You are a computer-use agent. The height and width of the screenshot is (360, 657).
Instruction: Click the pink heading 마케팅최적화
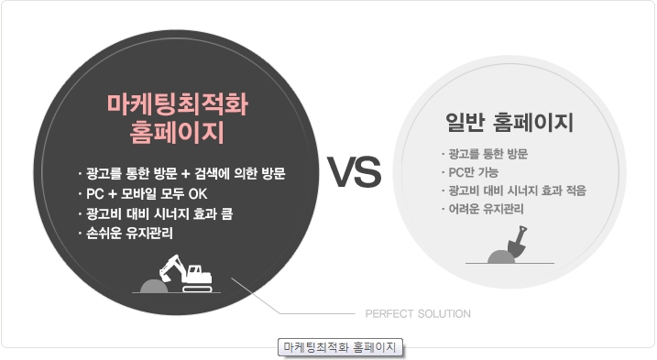click(177, 105)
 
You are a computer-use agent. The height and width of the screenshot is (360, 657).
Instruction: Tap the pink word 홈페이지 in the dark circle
click(177, 134)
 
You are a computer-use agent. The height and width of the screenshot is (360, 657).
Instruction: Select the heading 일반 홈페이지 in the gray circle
click(507, 122)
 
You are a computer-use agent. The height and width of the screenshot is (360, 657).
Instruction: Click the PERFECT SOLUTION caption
click(418, 314)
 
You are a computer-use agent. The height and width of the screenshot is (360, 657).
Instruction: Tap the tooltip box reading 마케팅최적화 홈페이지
click(341, 348)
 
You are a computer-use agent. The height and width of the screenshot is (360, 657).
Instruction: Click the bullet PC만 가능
click(473, 171)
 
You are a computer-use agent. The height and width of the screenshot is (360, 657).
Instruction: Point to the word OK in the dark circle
click(198, 193)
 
